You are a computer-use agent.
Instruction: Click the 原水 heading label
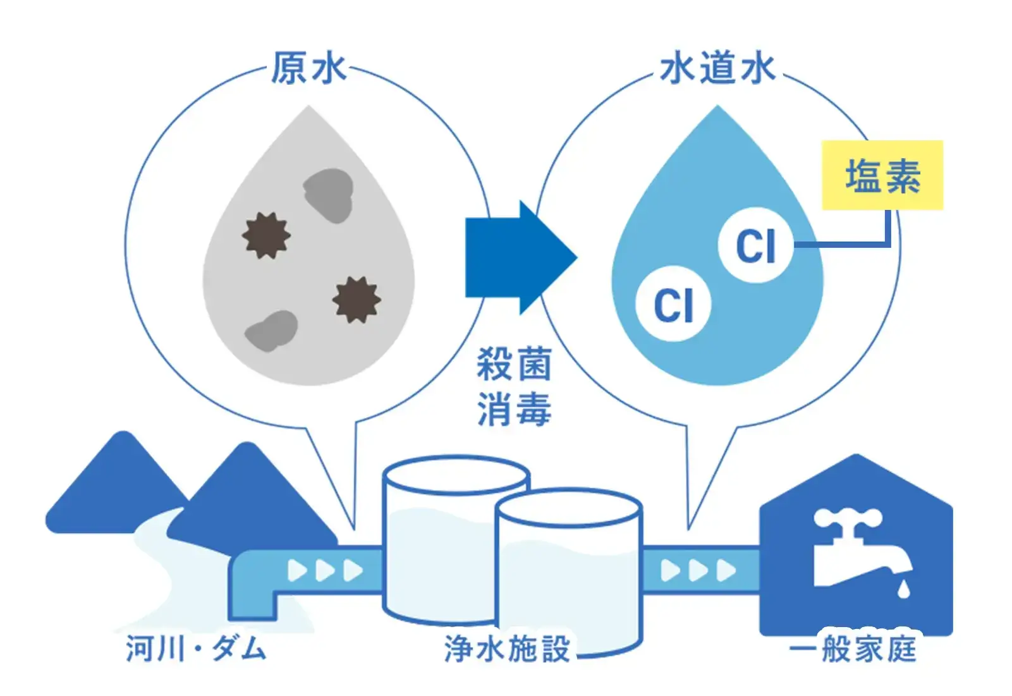click(308, 68)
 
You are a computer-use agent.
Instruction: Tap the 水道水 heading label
click(717, 68)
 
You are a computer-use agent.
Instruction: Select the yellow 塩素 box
click(882, 175)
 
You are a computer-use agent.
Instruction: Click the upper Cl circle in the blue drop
click(755, 245)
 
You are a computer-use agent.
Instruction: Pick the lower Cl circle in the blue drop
click(673, 304)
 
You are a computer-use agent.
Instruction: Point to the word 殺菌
click(514, 364)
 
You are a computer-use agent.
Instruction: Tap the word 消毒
click(514, 409)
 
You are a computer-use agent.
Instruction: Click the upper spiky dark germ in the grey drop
click(266, 235)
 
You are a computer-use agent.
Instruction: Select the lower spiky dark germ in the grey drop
click(357, 299)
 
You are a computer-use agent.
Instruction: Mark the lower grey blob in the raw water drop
click(271, 331)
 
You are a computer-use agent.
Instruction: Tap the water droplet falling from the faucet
click(904, 589)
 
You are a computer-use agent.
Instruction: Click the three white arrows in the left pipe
click(325, 571)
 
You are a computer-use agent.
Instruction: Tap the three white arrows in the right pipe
click(698, 571)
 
